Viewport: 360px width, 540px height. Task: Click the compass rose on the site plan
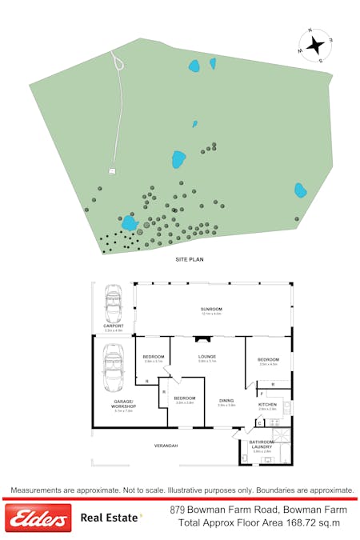click(x=317, y=44)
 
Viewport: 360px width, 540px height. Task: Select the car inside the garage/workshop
click(x=114, y=368)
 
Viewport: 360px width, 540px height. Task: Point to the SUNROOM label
click(x=211, y=310)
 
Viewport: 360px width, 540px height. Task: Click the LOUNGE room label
click(x=207, y=357)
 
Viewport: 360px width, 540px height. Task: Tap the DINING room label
click(x=226, y=401)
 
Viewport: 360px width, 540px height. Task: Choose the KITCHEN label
click(x=267, y=405)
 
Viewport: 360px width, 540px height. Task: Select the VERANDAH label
click(x=166, y=446)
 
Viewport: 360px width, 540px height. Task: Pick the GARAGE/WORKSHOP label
click(x=124, y=404)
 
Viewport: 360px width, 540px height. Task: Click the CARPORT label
click(x=113, y=326)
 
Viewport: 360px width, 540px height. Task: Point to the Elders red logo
click(x=38, y=519)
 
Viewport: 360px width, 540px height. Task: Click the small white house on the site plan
click(x=112, y=170)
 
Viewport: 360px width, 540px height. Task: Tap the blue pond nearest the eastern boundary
click(x=300, y=190)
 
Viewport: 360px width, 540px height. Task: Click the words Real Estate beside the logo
click(x=110, y=518)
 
